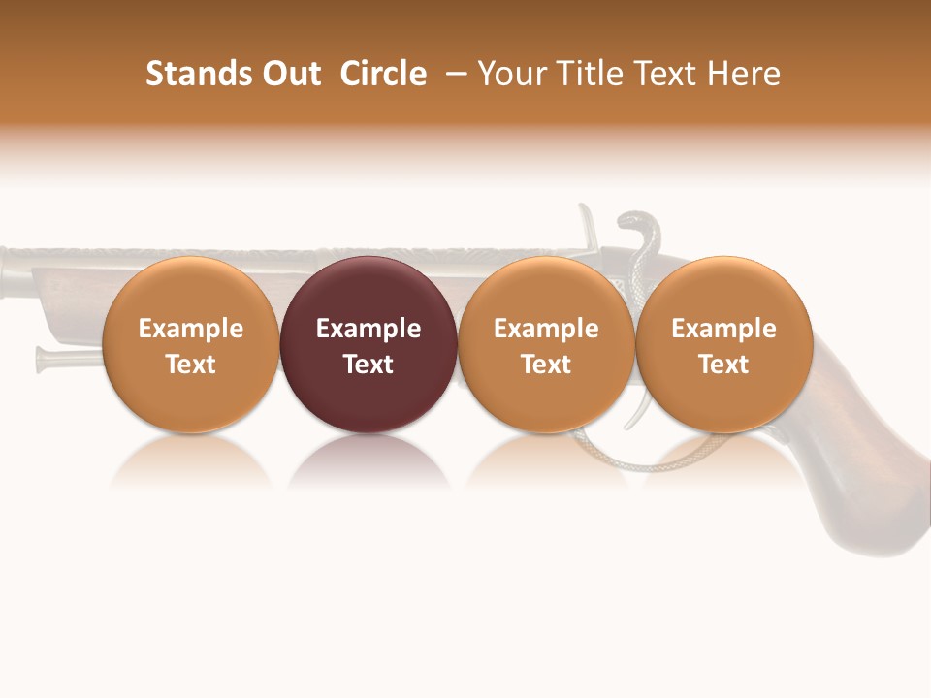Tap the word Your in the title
click(x=510, y=74)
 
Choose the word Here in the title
click(x=745, y=74)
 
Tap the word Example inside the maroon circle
click(x=369, y=329)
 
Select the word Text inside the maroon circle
click(x=369, y=365)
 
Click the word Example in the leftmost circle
click(x=190, y=329)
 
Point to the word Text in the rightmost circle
click(x=723, y=365)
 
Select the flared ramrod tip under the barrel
click(x=45, y=359)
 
